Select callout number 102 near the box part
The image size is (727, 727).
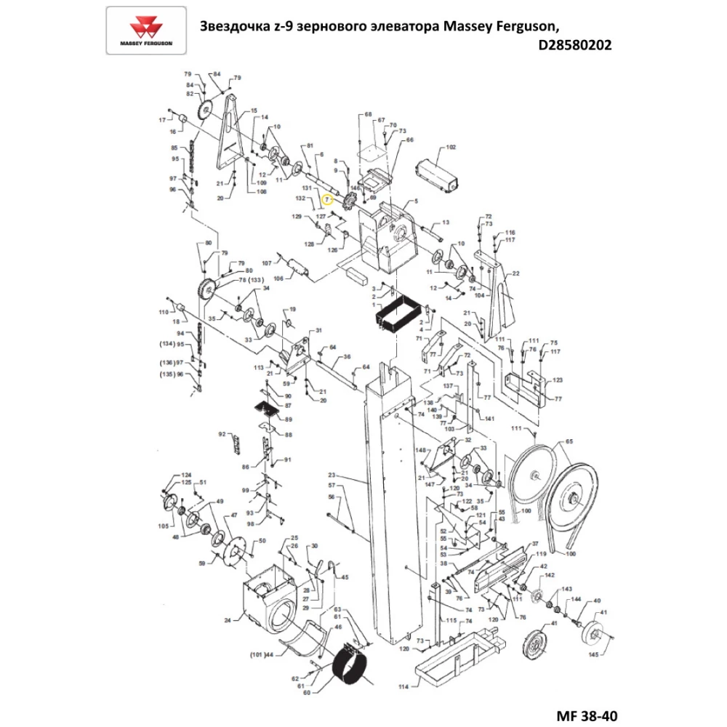point(451,147)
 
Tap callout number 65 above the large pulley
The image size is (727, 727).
point(569,441)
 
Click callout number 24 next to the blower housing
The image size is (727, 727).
point(228,620)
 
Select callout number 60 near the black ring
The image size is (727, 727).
point(306,693)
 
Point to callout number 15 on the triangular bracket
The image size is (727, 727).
point(254,111)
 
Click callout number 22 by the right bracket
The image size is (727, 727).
point(516,273)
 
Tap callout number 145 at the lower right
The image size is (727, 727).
point(593,654)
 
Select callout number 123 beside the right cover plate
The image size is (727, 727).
point(558,379)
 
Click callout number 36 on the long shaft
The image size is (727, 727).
point(348,356)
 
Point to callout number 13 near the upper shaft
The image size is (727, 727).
point(446,222)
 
